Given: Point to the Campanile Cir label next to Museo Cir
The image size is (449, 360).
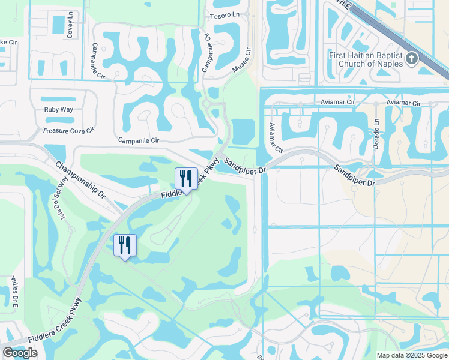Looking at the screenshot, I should (206, 53).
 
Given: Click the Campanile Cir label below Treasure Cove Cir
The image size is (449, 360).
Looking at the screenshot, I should (138, 140).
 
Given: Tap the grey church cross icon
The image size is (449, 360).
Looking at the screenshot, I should (412, 58).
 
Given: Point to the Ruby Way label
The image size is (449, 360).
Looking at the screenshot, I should (58, 109).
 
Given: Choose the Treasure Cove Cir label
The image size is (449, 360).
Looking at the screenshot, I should (69, 130).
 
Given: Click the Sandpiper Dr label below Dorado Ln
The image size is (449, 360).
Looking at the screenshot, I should (355, 175).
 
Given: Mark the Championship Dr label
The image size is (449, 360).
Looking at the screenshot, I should (80, 179).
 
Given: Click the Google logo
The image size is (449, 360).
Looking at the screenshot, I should (20, 353).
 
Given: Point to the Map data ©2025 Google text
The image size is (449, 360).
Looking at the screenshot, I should (411, 355).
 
